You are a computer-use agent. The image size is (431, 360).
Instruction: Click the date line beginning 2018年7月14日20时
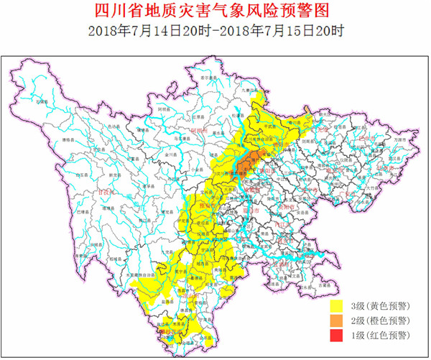[x=215, y=31]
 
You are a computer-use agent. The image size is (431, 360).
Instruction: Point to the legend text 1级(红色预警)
[x=380, y=336]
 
